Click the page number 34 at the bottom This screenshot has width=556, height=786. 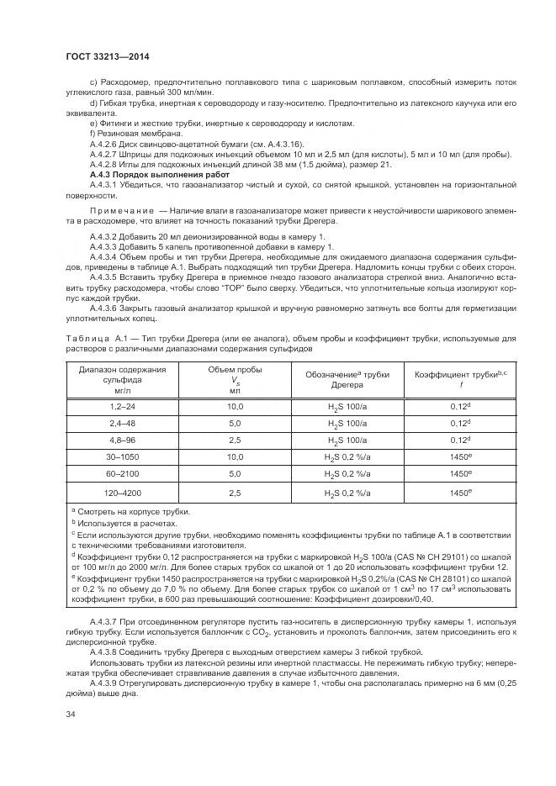tap(71, 715)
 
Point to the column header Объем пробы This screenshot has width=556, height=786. tap(235, 379)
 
